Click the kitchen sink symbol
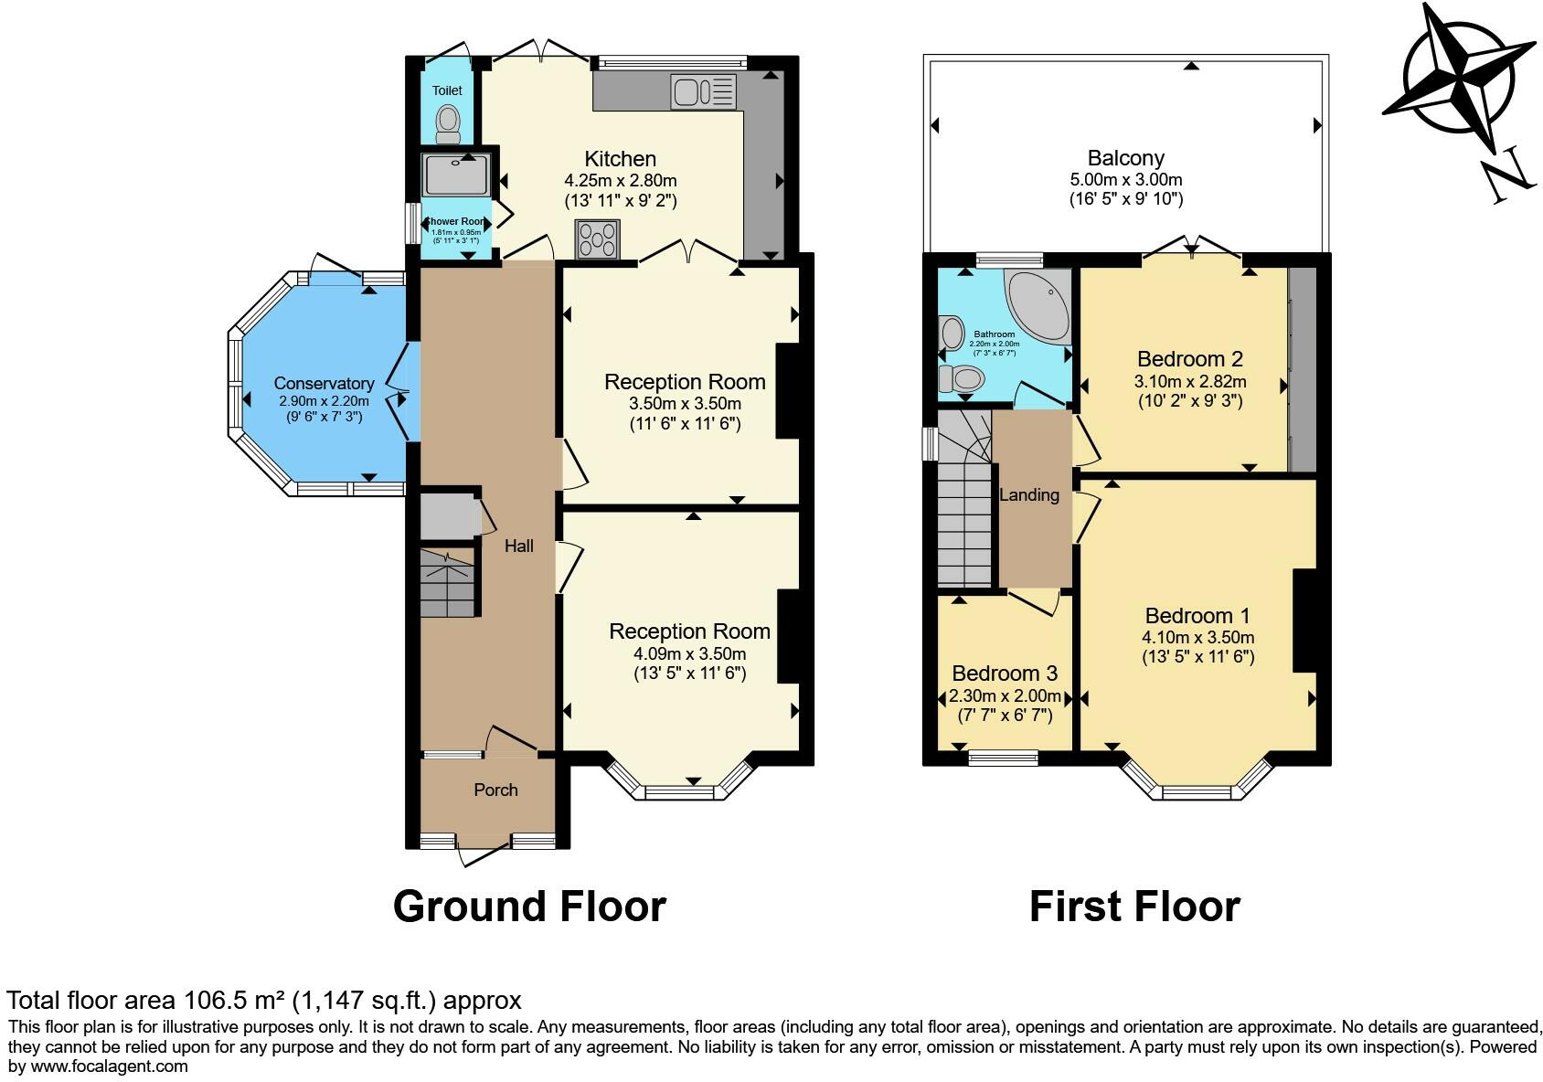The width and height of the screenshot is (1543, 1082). [703, 91]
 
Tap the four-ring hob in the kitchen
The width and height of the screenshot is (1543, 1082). [597, 239]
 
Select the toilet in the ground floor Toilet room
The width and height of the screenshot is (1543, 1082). [448, 123]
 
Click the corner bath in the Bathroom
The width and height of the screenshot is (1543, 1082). [1042, 302]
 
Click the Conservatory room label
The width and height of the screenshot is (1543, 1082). [324, 384]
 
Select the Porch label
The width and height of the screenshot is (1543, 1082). [495, 790]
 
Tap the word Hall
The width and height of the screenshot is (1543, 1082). [519, 546]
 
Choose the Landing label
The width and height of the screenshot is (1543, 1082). [1029, 495]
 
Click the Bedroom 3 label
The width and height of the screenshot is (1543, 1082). [1005, 674]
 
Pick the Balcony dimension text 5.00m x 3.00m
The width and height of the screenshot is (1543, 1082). [1126, 180]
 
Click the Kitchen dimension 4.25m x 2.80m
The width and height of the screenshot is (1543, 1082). [621, 181]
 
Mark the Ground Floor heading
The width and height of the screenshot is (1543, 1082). [529, 907]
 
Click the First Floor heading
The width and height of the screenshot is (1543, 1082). [1134, 907]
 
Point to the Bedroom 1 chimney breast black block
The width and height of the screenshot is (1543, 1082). [1304, 621]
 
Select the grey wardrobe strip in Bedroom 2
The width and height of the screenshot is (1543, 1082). [1302, 369]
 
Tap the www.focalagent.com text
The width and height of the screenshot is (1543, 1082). [110, 1066]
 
